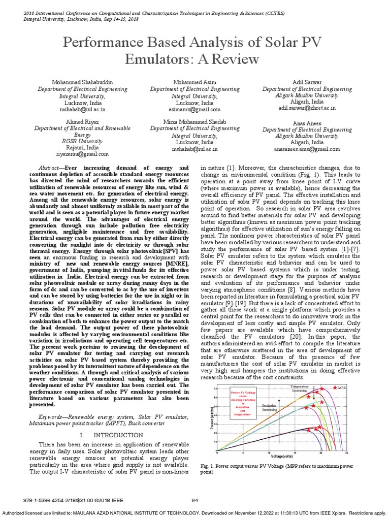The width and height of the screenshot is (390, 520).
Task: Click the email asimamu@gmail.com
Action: click(x=195, y=109)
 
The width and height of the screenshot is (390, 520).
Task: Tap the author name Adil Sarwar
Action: click(x=304, y=82)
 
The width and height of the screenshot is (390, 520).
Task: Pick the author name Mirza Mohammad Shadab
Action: click(x=194, y=122)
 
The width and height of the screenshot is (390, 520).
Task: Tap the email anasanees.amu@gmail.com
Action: click(x=304, y=149)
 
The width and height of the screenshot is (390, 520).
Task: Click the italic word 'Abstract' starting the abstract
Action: click(x=49, y=167)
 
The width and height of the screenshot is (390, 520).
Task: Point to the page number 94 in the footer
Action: click(x=194, y=501)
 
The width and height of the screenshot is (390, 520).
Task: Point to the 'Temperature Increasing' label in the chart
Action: click(x=299, y=388)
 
